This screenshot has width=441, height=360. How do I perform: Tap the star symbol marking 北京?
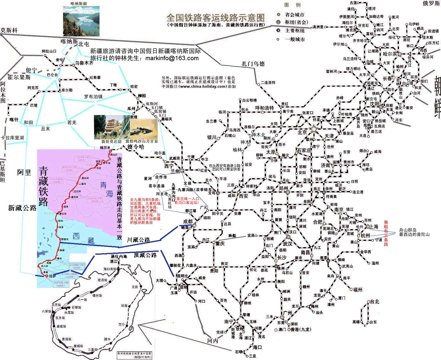(x=314, y=128)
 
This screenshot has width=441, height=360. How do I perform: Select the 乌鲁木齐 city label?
(x=84, y=63)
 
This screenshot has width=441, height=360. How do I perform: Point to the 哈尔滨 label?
(x=390, y=54)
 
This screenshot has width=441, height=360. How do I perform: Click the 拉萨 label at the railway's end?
(x=53, y=276)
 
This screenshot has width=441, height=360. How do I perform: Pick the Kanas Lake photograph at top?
(x=81, y=21)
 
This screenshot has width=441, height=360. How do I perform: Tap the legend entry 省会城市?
(x=295, y=15)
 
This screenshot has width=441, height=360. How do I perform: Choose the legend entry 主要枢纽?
(x=295, y=31)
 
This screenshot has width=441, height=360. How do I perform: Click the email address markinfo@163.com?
(x=172, y=58)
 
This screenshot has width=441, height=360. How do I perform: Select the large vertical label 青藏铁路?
(x=44, y=186)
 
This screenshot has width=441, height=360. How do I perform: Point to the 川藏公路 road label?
(x=138, y=240)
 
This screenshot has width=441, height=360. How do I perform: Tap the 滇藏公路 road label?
(x=145, y=255)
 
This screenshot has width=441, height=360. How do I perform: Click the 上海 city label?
(x=374, y=227)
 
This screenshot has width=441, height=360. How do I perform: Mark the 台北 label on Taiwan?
(x=375, y=301)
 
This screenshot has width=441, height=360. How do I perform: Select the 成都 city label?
(x=188, y=221)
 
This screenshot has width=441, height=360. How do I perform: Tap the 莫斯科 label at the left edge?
(x=9, y=30)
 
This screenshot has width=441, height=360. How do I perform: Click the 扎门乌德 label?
(x=253, y=64)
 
